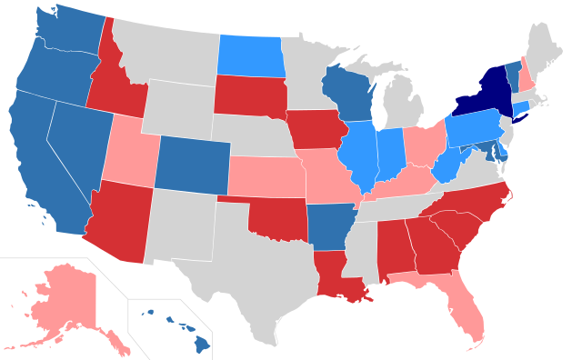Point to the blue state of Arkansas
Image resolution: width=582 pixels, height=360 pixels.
(329, 226)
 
